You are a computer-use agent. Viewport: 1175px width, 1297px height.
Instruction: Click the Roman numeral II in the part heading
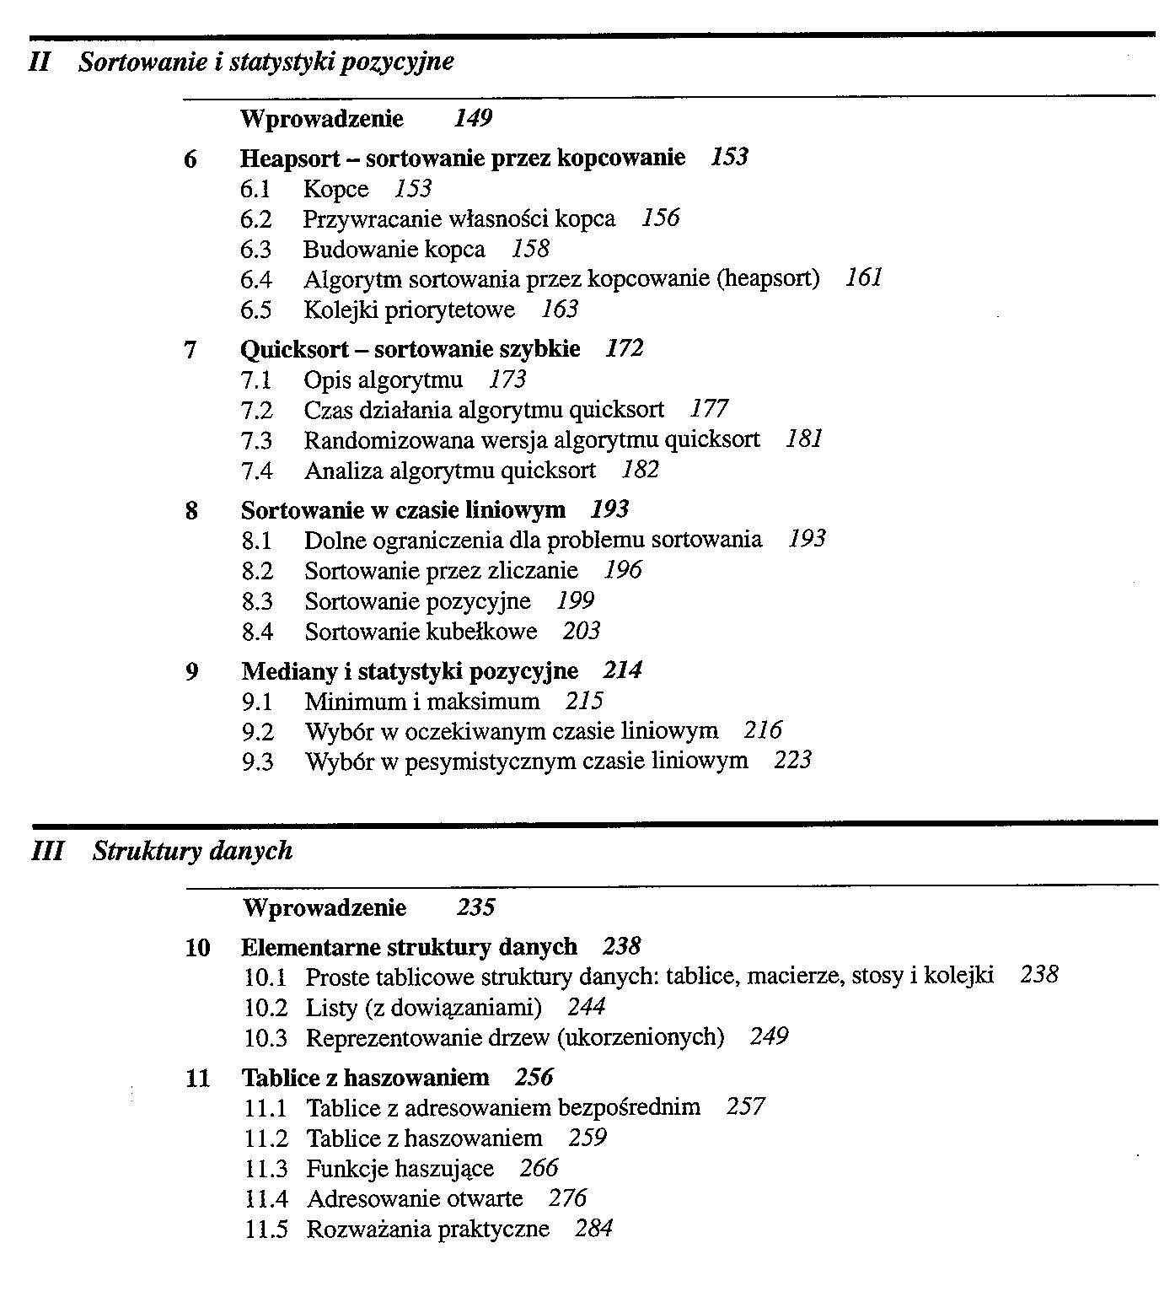[40, 62]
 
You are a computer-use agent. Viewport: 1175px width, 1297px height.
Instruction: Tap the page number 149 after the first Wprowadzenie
[472, 119]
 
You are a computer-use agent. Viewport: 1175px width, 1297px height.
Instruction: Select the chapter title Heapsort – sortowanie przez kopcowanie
[462, 159]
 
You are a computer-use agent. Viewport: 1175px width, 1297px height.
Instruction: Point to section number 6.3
[256, 250]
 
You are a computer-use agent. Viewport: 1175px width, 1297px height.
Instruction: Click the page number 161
[863, 278]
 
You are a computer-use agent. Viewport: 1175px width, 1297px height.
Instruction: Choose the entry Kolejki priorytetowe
[409, 310]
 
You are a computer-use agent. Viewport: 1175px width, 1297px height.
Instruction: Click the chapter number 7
[190, 349]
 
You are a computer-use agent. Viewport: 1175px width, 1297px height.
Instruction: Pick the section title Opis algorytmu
[384, 380]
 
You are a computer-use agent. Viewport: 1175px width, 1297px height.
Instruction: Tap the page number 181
[803, 439]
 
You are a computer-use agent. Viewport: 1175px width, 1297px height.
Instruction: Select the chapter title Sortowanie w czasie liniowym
[403, 510]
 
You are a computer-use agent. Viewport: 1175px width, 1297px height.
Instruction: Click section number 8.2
[257, 572]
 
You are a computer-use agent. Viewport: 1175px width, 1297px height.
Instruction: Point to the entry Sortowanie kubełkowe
[421, 632]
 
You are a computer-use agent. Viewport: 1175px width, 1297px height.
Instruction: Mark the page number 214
[622, 671]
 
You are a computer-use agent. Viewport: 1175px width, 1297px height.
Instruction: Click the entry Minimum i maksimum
[422, 702]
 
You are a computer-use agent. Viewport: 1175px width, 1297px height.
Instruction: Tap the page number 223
[792, 761]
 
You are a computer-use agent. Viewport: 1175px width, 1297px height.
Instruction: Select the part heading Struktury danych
[192, 852]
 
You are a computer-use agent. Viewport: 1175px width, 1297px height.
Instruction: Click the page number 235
[475, 908]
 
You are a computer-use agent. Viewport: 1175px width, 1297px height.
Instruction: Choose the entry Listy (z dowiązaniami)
[423, 1008]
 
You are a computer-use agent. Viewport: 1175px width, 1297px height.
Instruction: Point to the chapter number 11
[197, 1079]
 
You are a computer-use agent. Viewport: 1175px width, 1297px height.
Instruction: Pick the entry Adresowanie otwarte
[415, 1199]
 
